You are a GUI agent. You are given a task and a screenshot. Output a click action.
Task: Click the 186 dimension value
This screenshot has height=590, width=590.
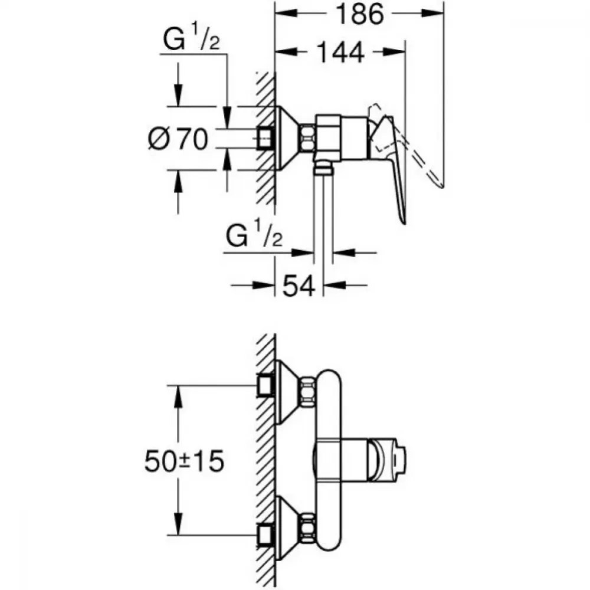coord(359,14)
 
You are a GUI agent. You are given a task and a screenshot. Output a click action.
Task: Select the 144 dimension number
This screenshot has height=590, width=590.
coord(341,53)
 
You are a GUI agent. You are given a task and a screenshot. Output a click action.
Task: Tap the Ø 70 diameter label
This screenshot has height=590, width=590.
coord(178,139)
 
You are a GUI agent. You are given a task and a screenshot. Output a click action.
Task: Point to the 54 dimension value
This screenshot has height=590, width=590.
coord(299,286)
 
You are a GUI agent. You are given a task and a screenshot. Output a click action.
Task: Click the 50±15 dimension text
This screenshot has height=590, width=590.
coord(184,461)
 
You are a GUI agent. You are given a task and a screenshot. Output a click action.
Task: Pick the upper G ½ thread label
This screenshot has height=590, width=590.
coord(191,38)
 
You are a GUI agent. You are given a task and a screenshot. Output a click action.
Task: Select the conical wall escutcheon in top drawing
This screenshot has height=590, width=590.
coord(289,138)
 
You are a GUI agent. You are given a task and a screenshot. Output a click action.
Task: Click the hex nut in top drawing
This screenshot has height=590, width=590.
coord(308,138)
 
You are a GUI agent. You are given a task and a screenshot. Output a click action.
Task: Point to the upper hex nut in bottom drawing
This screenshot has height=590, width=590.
coord(308,391)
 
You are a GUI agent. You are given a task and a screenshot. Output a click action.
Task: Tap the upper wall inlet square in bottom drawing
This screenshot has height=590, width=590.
coord(265,386)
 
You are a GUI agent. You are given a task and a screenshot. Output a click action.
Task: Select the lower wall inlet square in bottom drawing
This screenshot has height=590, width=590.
coord(265,534)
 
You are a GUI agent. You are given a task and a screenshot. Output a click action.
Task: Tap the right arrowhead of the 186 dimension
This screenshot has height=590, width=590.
coord(432,14)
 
